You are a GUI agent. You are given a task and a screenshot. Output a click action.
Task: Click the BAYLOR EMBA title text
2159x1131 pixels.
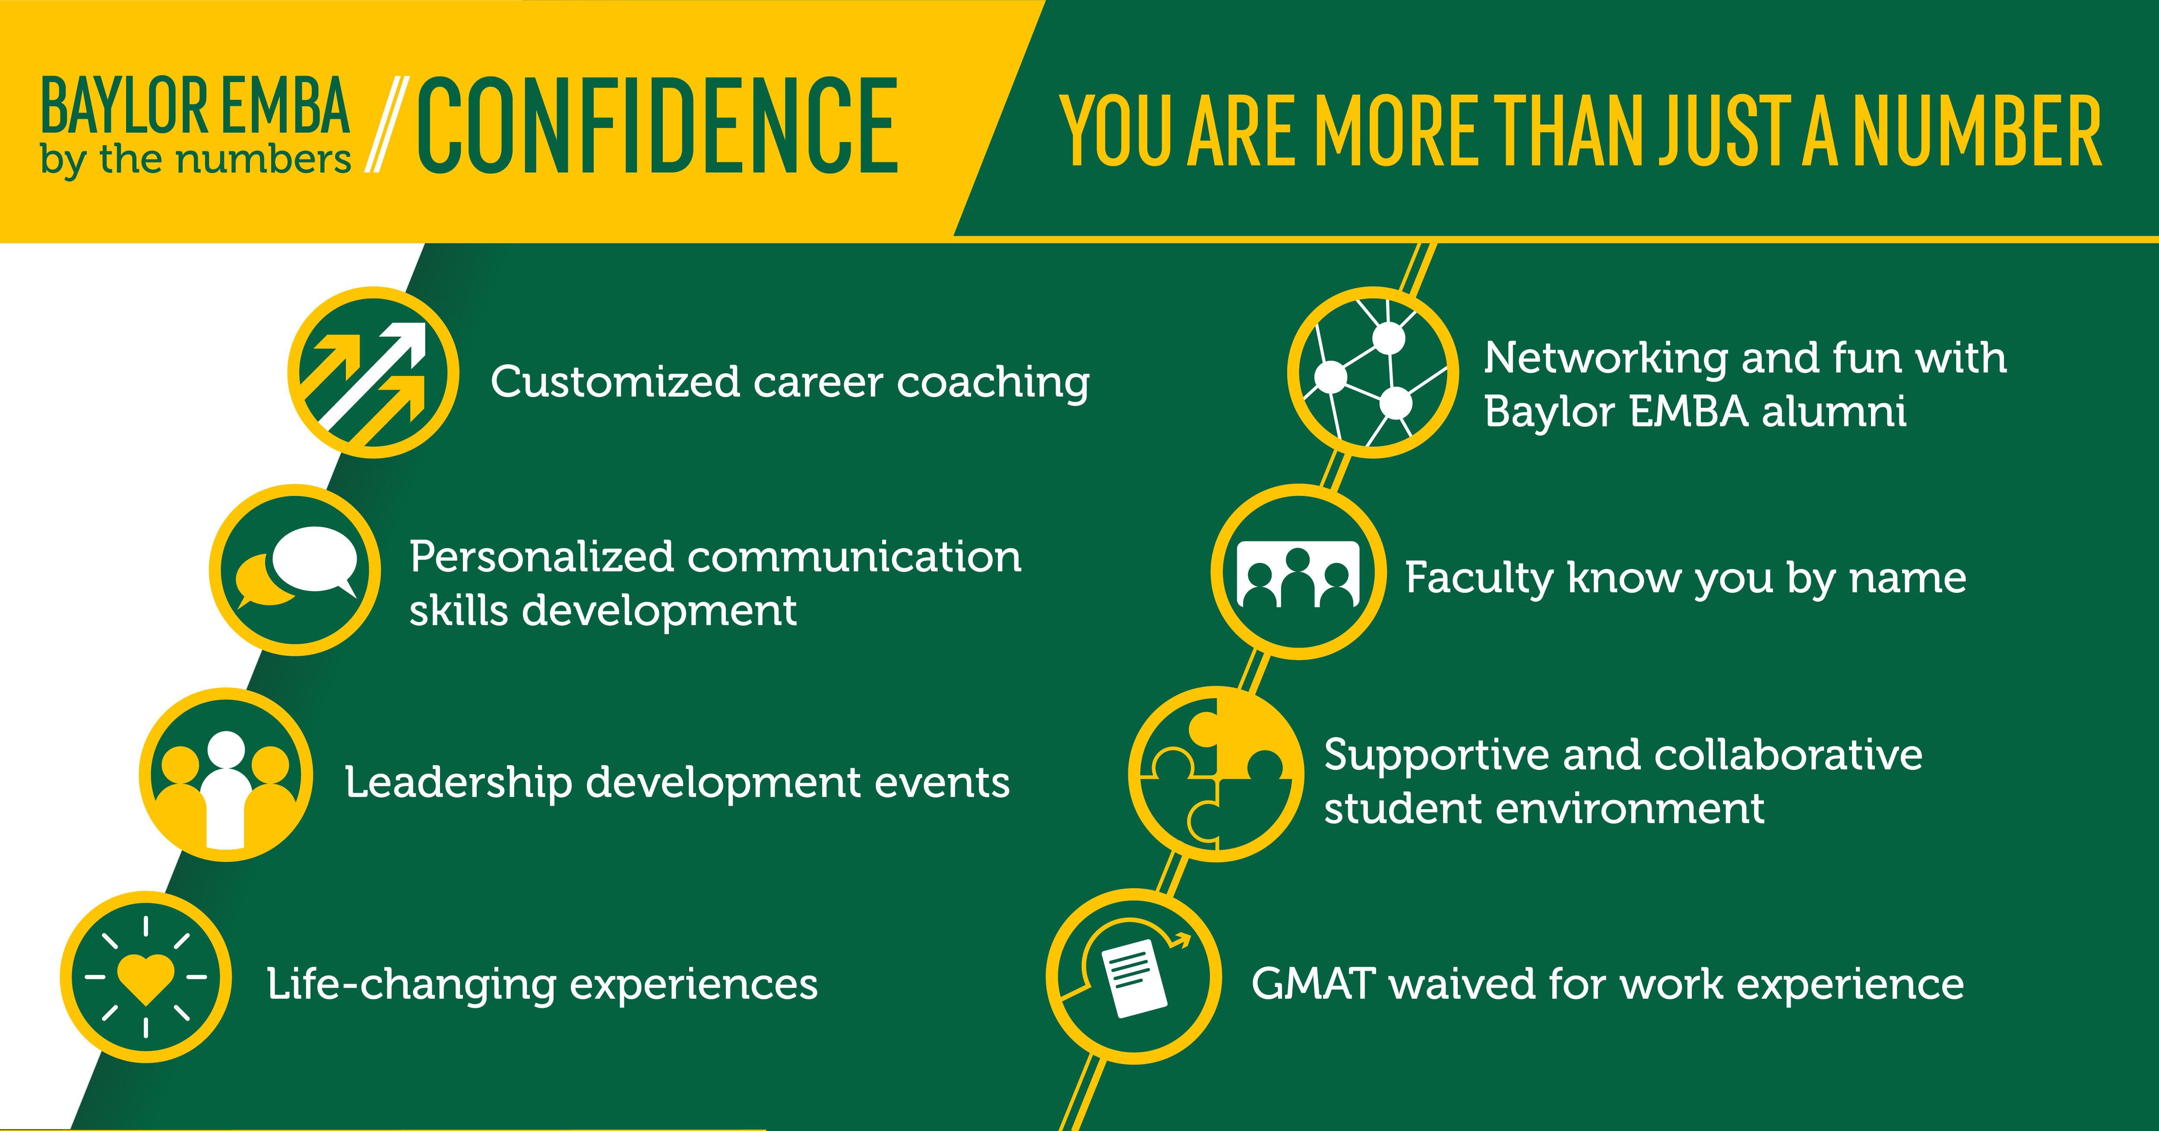194,106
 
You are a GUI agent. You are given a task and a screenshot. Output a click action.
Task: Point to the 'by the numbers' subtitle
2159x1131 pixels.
194,159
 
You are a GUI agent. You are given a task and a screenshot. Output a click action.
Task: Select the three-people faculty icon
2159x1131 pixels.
1298,572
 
